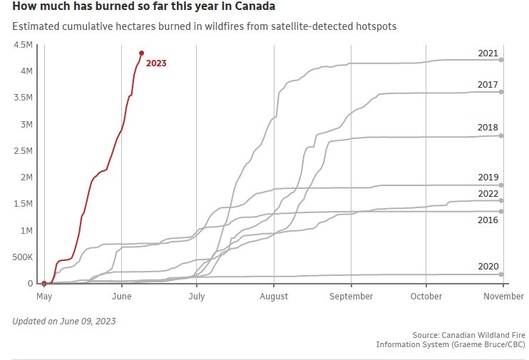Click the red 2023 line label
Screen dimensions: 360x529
[156, 63]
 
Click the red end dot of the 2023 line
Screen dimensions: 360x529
[141, 53]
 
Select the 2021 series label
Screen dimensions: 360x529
[488, 53]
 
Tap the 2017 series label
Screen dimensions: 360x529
[488, 85]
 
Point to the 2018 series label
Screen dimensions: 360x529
[488, 128]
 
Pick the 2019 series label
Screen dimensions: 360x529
[488, 178]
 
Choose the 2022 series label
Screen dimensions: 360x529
[488, 194]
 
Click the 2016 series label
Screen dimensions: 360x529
[488, 221]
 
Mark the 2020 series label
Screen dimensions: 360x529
[488, 267]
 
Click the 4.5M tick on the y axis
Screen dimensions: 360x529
[22, 45]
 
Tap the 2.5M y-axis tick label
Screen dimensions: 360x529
[22, 151]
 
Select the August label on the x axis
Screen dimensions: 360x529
[274, 297]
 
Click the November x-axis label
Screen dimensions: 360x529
[504, 297]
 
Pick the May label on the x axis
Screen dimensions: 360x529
[44, 297]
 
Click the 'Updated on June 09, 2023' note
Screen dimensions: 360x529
[64, 321]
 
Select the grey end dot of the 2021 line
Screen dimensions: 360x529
[501, 60]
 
